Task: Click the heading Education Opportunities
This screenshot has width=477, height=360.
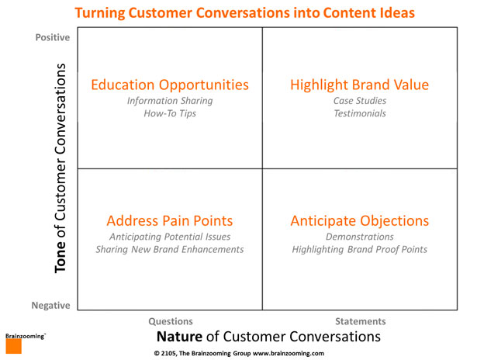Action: click(x=170, y=85)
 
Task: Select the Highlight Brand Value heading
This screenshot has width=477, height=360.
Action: click(x=360, y=85)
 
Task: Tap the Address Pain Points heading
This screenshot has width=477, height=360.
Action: click(x=170, y=220)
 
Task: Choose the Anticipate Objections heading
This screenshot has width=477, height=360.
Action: click(x=360, y=221)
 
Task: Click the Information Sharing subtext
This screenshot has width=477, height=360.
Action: click(x=170, y=101)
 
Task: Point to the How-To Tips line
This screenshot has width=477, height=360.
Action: click(x=170, y=113)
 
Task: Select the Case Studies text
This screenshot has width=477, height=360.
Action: click(x=360, y=101)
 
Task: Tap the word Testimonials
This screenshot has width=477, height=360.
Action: click(x=360, y=113)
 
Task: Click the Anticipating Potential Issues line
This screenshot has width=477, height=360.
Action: click(x=170, y=237)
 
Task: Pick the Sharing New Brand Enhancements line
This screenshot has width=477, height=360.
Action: click(x=170, y=250)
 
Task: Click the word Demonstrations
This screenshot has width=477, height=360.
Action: click(x=360, y=237)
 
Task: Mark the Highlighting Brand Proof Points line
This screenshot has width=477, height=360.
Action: click(x=360, y=250)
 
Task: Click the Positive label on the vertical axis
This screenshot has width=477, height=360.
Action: click(x=53, y=37)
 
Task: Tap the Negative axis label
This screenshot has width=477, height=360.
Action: click(x=51, y=305)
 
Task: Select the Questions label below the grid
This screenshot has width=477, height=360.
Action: click(x=171, y=321)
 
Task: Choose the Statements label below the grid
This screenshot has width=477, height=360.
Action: click(x=361, y=321)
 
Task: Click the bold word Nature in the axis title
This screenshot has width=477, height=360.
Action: click(x=179, y=337)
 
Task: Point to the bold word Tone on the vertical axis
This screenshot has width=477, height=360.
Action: click(x=60, y=257)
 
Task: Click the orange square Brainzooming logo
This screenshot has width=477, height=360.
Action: click(x=14, y=346)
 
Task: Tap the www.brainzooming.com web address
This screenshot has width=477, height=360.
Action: click(x=289, y=353)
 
